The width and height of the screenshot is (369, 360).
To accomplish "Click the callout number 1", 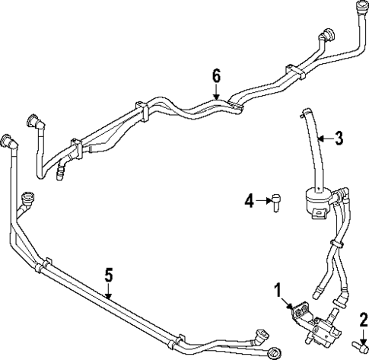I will pos(278,289).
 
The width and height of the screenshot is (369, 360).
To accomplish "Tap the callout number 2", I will pos(364,318).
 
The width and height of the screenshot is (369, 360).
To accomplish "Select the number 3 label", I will pos(339,138).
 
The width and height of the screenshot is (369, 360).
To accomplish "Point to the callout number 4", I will pos(248,201).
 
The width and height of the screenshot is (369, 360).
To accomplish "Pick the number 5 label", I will pos(109,273).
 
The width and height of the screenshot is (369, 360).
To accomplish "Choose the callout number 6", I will pos(216,75).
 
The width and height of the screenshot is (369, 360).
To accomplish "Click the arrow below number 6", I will pos(216,92).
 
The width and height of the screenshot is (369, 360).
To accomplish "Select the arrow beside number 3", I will pos(324,139).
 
